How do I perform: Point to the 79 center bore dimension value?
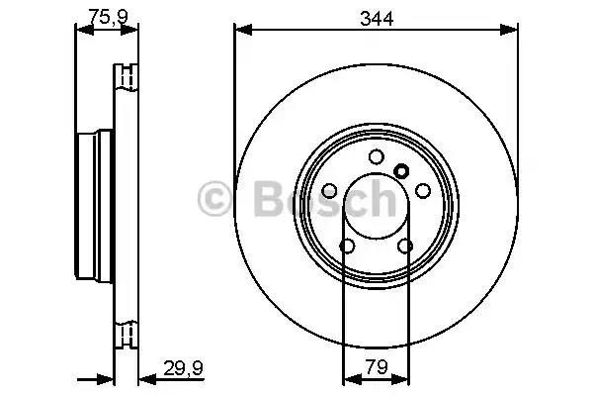(x=376, y=365)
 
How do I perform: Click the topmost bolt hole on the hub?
(x=376, y=156)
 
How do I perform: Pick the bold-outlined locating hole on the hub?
(x=400, y=170)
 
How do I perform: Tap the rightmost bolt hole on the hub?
(x=422, y=190)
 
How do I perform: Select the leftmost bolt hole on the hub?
(x=329, y=190)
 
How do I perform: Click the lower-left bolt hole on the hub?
(x=347, y=247)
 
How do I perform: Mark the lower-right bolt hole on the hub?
(x=404, y=247)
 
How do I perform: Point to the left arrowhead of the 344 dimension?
(x=240, y=30)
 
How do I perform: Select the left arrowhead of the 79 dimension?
(x=347, y=377)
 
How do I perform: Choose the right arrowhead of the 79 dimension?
(x=404, y=377)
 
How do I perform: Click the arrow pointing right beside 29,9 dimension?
(x=105, y=377)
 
